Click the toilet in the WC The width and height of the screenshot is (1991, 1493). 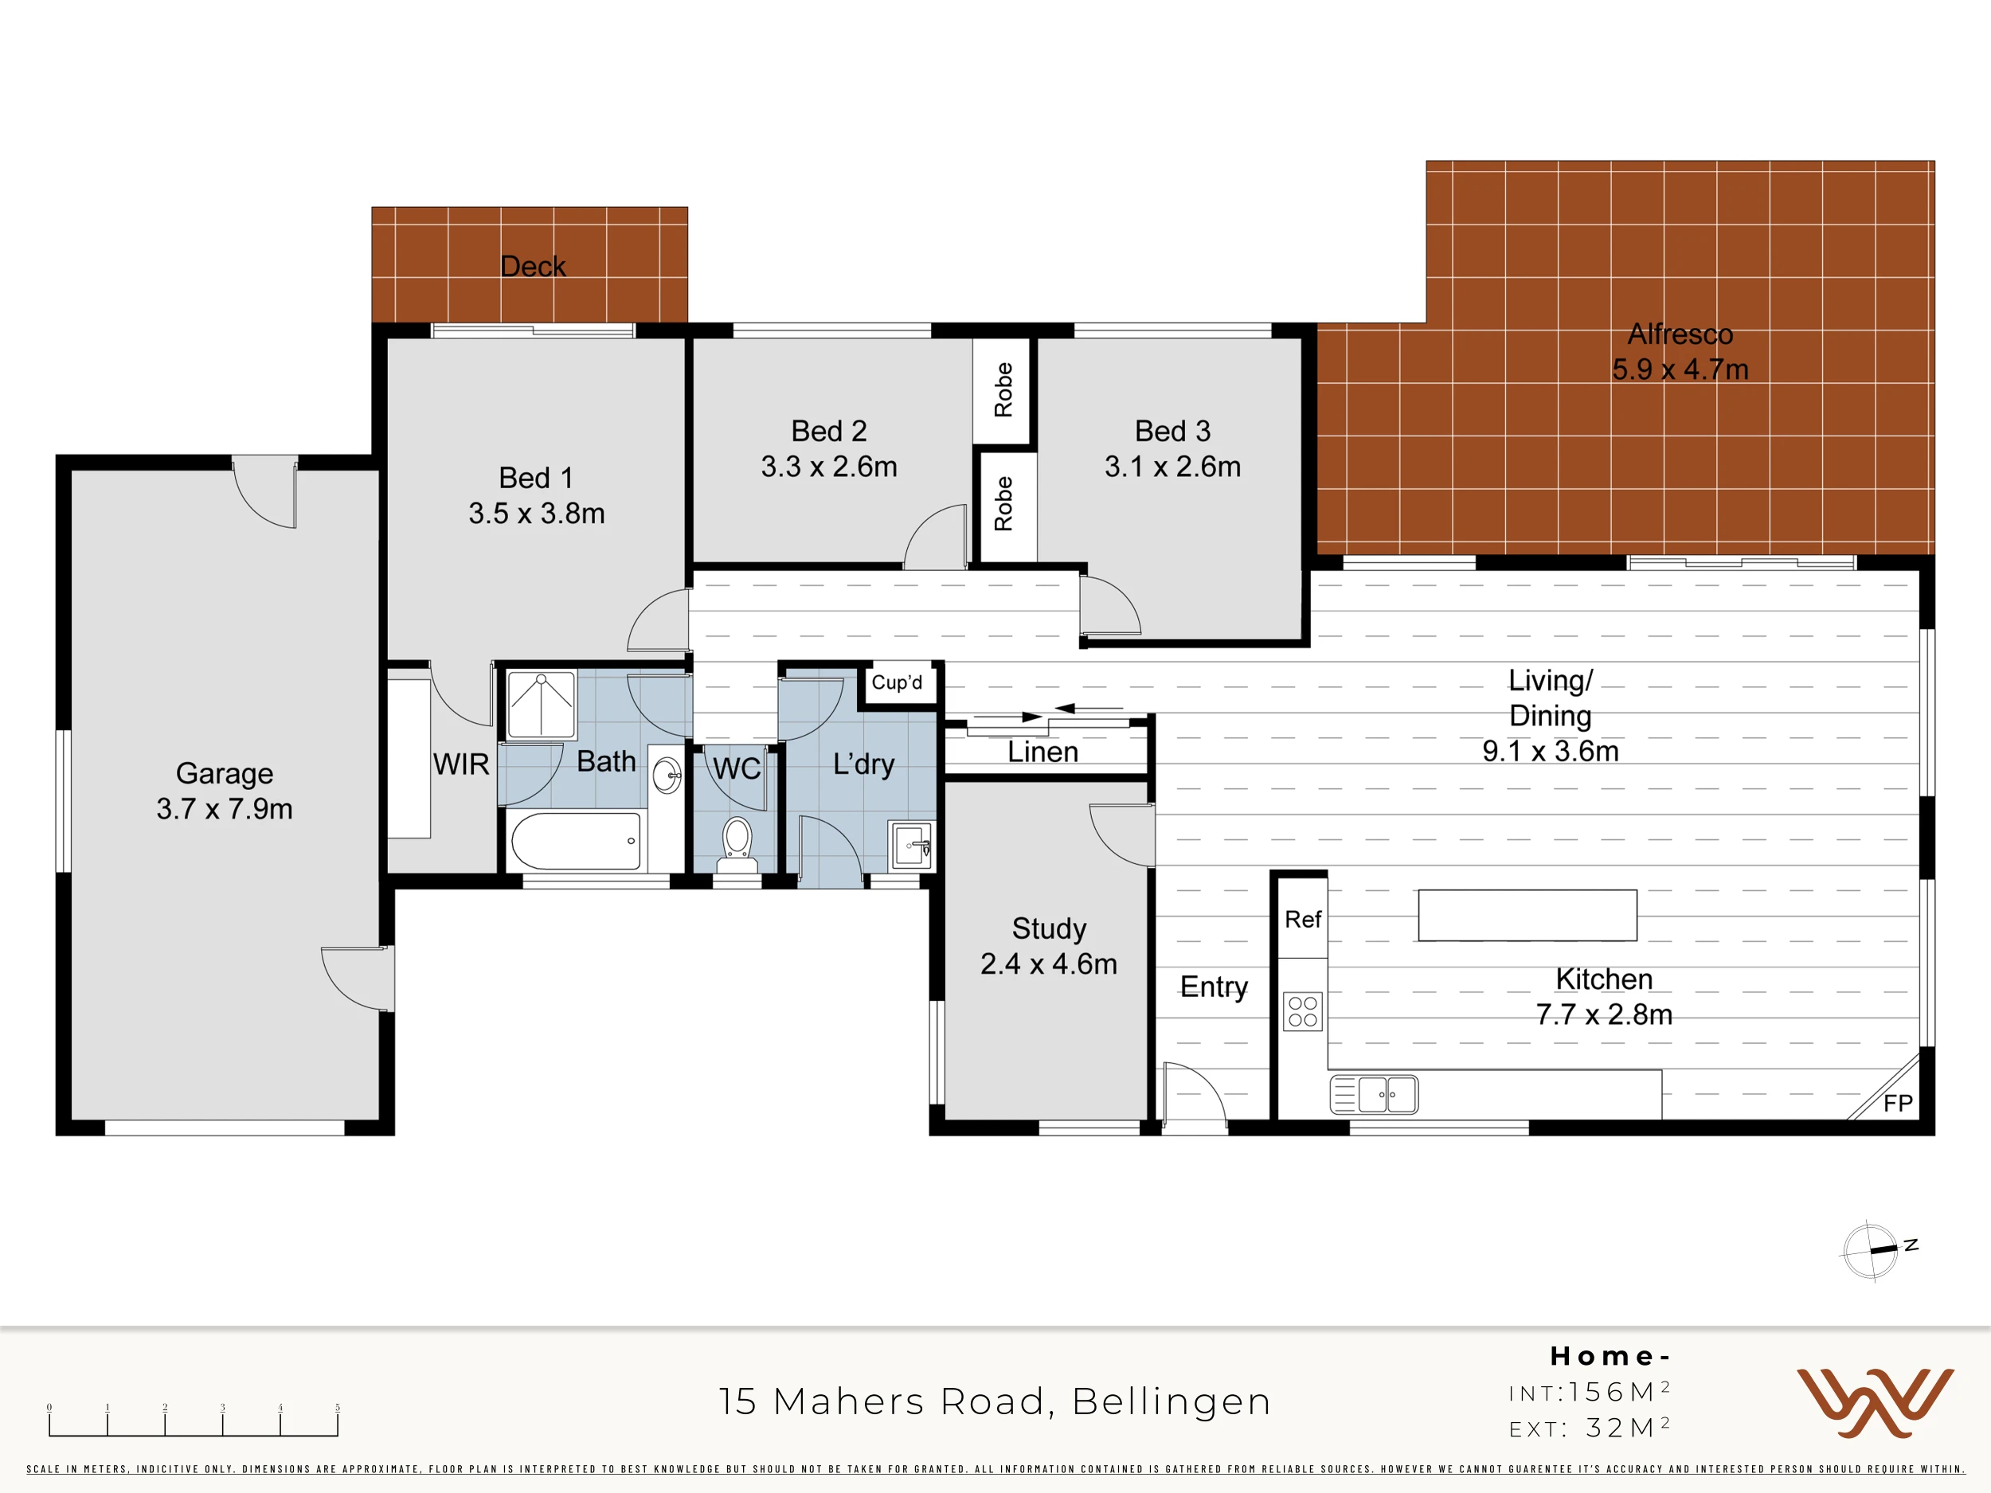737,845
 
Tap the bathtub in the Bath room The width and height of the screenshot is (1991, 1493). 576,842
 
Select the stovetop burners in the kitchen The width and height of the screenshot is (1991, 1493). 1302,1010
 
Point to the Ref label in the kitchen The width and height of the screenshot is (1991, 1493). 1302,919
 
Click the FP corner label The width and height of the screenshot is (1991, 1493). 1897,1104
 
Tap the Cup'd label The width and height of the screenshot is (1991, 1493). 897,682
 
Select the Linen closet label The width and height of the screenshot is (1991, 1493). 1042,752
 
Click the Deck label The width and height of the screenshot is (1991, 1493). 533,267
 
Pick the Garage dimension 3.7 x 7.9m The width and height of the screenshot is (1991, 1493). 224,808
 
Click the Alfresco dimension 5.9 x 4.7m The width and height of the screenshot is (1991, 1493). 1680,369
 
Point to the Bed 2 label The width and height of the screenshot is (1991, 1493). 829,431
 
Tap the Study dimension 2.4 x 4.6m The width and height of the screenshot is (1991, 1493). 1049,963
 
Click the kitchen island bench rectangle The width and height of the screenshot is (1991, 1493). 1527,915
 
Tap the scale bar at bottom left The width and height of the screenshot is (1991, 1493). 194,1420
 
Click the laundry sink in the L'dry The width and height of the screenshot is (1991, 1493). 911,846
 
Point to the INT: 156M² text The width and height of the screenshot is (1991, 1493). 1590,1392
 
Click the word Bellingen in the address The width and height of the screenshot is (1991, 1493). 1172,1402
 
